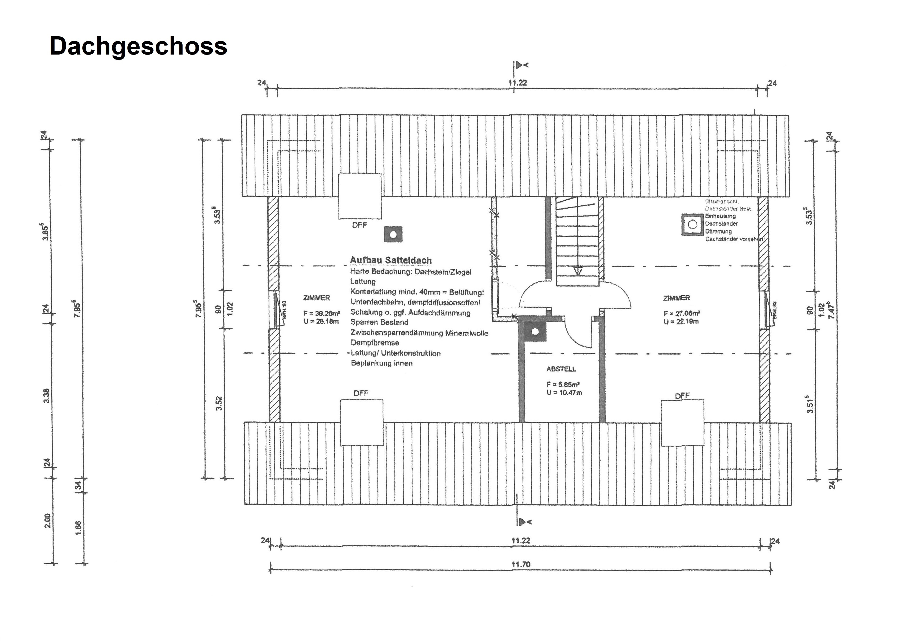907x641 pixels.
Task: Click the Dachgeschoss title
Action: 138,46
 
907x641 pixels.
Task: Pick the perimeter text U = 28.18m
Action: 321,321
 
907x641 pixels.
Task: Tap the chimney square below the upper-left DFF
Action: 393,235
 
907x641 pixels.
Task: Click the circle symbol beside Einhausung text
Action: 692,224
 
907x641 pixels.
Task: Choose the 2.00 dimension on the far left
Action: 47,521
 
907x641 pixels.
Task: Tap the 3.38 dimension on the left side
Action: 47,396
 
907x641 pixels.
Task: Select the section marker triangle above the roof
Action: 519,65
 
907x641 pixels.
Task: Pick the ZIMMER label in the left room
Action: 317,298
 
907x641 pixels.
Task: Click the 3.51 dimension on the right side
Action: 810,404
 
